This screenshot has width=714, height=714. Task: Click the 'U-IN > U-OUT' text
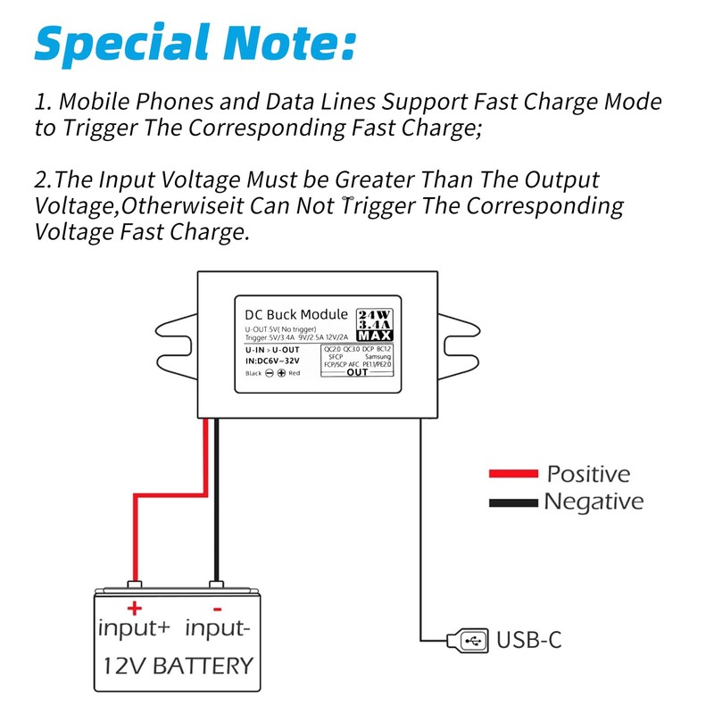click(272, 349)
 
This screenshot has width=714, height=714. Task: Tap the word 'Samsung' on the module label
click(378, 357)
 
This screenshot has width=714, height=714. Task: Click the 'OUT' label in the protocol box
click(356, 373)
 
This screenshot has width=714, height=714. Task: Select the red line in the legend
click(513, 474)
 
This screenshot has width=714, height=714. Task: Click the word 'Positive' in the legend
click(588, 474)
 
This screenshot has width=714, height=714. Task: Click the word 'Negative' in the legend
click(594, 502)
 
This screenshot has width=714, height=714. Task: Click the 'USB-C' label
click(528, 640)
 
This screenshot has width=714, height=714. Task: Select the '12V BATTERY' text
click(178, 666)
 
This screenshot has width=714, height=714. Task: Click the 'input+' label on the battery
click(134, 628)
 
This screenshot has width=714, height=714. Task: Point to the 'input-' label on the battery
click(217, 628)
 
